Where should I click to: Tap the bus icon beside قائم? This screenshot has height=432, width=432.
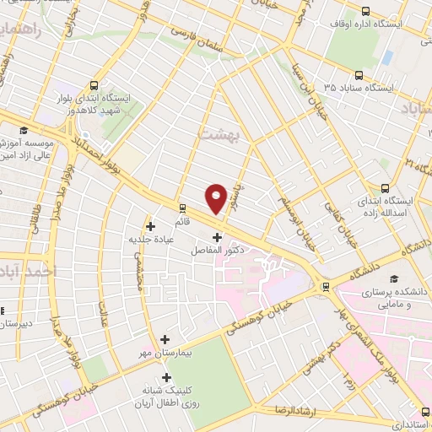181,208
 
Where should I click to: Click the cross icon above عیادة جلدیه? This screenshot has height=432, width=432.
150,226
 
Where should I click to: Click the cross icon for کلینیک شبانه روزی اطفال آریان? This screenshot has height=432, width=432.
166,377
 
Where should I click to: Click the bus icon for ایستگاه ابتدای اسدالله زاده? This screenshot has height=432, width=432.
386,189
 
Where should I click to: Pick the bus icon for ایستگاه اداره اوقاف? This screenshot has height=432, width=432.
365,11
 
